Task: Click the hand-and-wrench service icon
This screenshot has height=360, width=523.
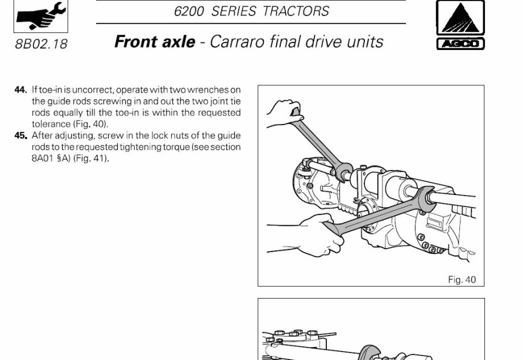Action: [41, 16]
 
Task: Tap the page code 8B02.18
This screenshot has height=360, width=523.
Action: [41, 44]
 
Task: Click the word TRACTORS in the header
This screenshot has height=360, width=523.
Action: [296, 11]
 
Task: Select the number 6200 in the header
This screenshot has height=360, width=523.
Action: [189, 11]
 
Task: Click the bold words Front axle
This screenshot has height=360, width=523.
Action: [155, 42]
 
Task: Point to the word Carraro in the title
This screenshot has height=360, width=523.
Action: [238, 42]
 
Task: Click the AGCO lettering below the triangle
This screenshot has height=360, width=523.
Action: [460, 44]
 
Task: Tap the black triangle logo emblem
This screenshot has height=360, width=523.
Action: [460, 18]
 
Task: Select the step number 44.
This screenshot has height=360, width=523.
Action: [20, 90]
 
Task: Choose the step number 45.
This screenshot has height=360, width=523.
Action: [20, 135]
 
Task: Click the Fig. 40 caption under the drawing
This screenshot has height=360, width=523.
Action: [462, 280]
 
